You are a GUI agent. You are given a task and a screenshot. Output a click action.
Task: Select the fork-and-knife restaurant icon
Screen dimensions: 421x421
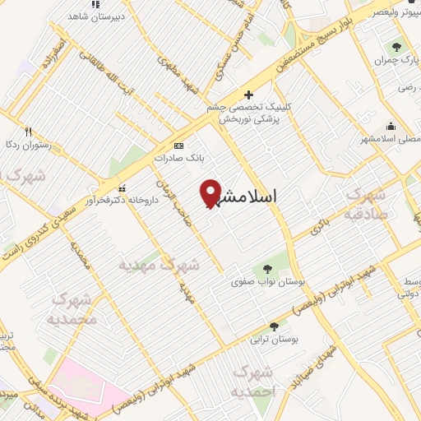click(x=27, y=132)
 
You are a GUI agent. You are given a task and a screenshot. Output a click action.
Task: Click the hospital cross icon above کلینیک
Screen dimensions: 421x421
click(x=248, y=95)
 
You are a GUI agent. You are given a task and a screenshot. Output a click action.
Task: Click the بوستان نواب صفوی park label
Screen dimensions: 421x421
click(x=271, y=282)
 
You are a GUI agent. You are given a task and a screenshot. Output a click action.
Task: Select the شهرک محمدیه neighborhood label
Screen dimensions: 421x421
click(x=72, y=309)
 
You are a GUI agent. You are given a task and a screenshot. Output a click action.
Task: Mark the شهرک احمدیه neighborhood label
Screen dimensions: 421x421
click(x=252, y=382)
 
